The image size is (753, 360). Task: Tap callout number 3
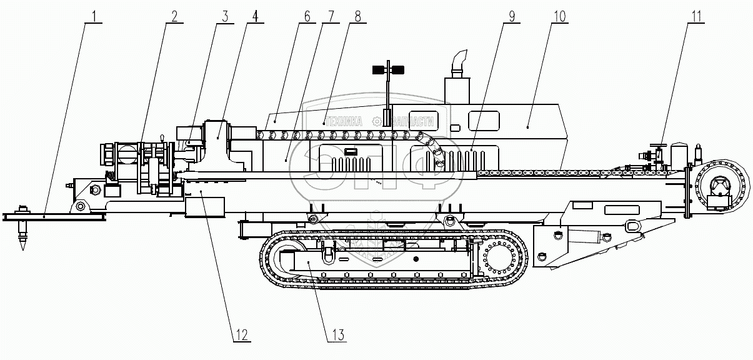[224, 15]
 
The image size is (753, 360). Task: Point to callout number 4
[252, 15]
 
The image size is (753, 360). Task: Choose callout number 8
[357, 15]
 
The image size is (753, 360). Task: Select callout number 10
[558, 15]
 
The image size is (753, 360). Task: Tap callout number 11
[696, 15]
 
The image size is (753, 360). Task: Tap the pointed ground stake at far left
[24, 237]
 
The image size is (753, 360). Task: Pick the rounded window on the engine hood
[484, 120]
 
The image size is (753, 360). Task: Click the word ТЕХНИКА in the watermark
[342, 122]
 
